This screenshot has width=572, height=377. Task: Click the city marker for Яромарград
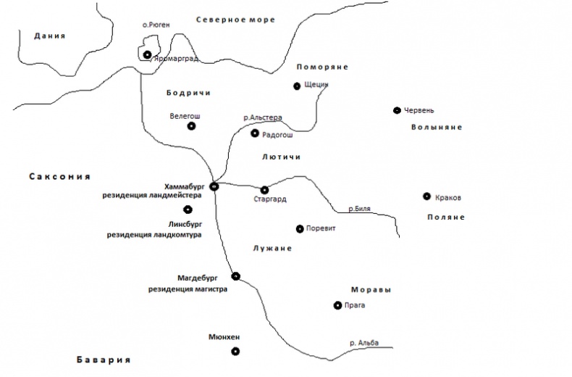[147, 55]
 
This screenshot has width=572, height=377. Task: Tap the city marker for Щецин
[297, 86]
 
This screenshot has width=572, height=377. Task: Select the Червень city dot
[398, 110]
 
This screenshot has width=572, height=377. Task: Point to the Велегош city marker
[192, 126]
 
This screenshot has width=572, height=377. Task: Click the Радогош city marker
[255, 133]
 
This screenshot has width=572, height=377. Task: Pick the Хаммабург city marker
[214, 186]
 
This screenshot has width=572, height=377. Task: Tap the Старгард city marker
[264, 190]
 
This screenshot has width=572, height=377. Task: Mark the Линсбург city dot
[188, 210]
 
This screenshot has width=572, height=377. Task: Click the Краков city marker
[426, 196]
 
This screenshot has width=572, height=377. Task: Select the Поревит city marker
[300, 229]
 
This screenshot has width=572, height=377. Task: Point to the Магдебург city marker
[236, 276]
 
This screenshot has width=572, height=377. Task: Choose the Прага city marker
[338, 305]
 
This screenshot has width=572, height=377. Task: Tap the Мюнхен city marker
[235, 352]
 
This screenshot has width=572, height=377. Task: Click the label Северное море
[235, 20]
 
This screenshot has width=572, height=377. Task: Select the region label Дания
[50, 36]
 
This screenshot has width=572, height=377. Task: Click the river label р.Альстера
[263, 117]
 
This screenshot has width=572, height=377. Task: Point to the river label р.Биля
[359, 209]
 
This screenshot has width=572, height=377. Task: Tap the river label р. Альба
[364, 343]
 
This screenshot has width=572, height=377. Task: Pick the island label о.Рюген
[156, 25]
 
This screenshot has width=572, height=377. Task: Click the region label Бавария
[104, 360]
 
